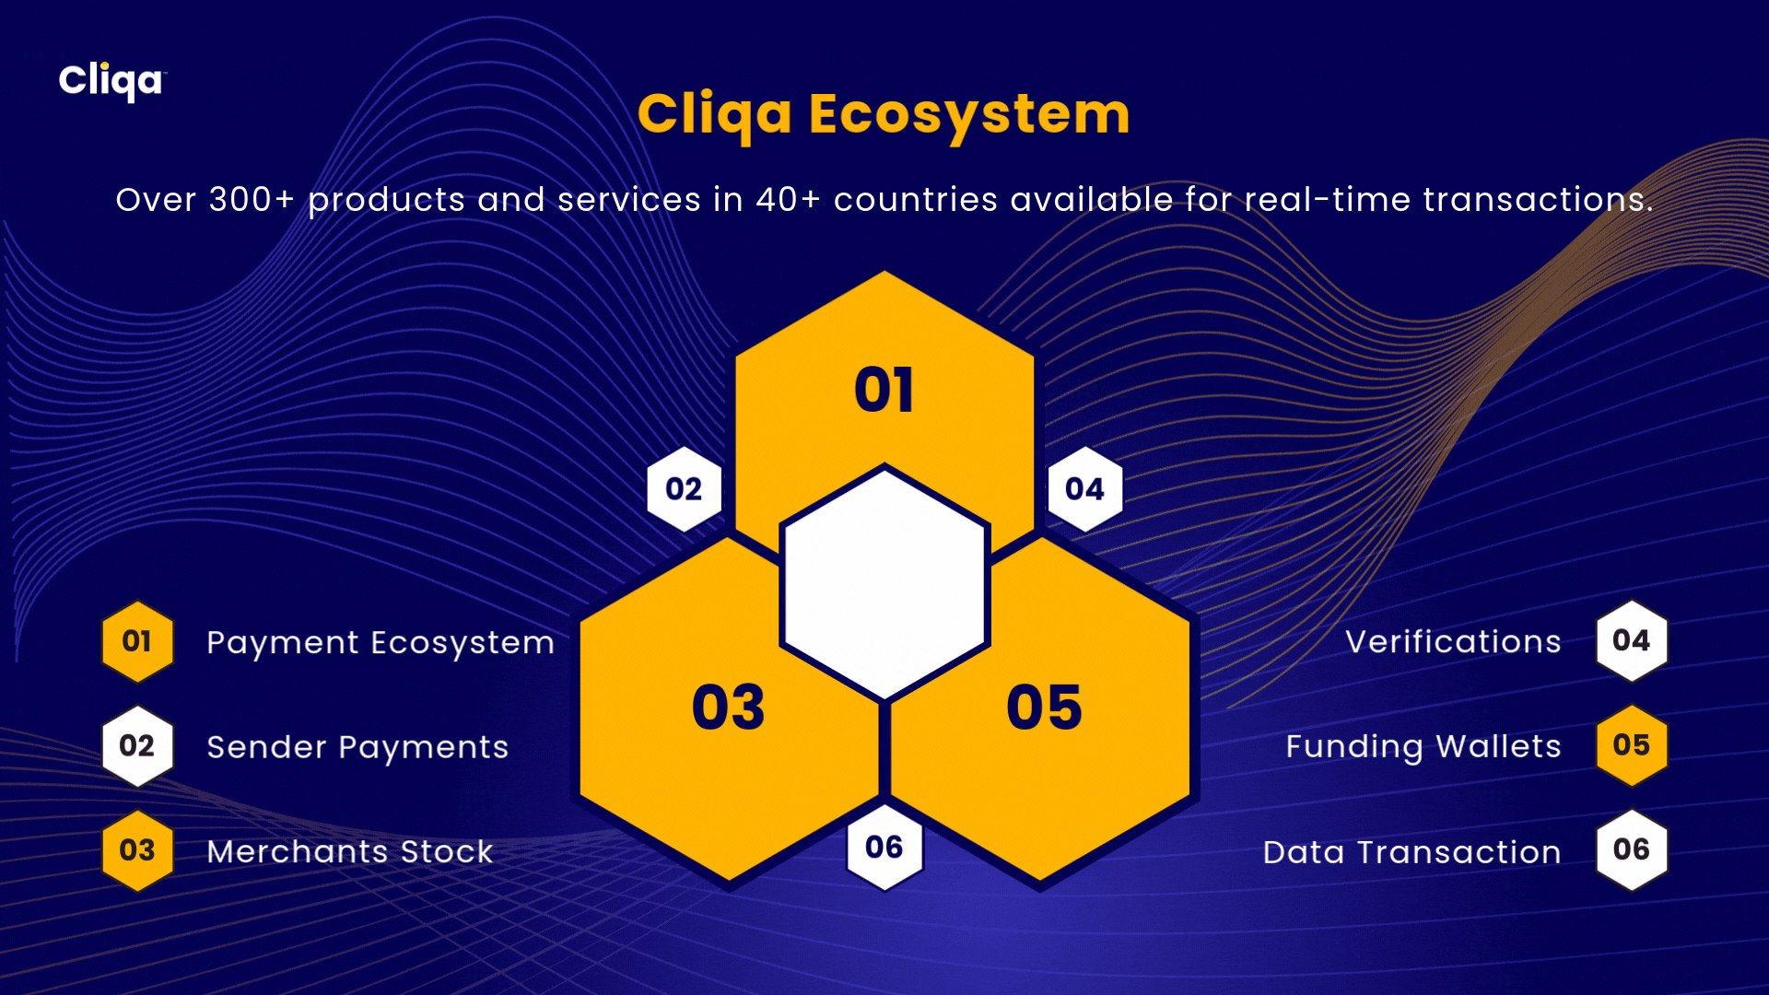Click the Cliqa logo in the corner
[x=112, y=81]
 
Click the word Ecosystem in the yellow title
[x=969, y=115]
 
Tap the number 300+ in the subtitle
[x=252, y=199]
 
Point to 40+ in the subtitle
[x=788, y=199]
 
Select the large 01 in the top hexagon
[x=884, y=390]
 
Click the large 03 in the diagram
[x=729, y=708]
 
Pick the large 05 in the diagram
[x=1044, y=708]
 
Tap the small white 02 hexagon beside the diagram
[x=684, y=489]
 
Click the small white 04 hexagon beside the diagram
[x=1084, y=489]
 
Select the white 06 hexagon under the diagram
[x=884, y=848]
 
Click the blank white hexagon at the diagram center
[x=884, y=583]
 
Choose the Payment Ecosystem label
[x=381, y=643]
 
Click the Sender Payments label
[x=357, y=747]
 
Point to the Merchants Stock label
[x=350, y=852]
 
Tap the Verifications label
[x=1453, y=641]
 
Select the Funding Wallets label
[x=1423, y=747]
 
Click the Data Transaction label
[x=1412, y=852]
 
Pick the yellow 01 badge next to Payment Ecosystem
[x=137, y=641]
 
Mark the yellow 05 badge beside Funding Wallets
[x=1632, y=745]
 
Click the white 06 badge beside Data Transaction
[x=1632, y=849]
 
